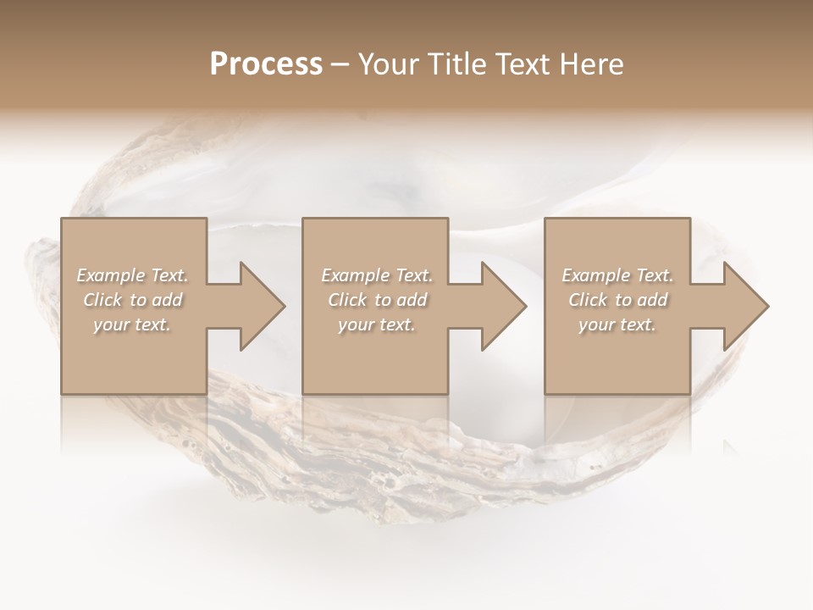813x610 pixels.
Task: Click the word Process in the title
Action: (266, 64)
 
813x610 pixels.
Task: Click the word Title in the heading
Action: (458, 64)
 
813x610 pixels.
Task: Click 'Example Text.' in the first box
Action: (132, 275)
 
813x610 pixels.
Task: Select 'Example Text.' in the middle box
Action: (377, 275)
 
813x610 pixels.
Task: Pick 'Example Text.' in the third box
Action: (617, 275)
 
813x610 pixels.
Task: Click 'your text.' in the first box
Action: (132, 324)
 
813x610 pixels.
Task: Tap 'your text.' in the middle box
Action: (377, 324)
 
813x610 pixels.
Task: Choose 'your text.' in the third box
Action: (617, 324)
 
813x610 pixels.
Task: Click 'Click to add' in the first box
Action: (132, 300)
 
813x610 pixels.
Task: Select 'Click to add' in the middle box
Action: (377, 300)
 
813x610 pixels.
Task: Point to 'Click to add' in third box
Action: (617, 300)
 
